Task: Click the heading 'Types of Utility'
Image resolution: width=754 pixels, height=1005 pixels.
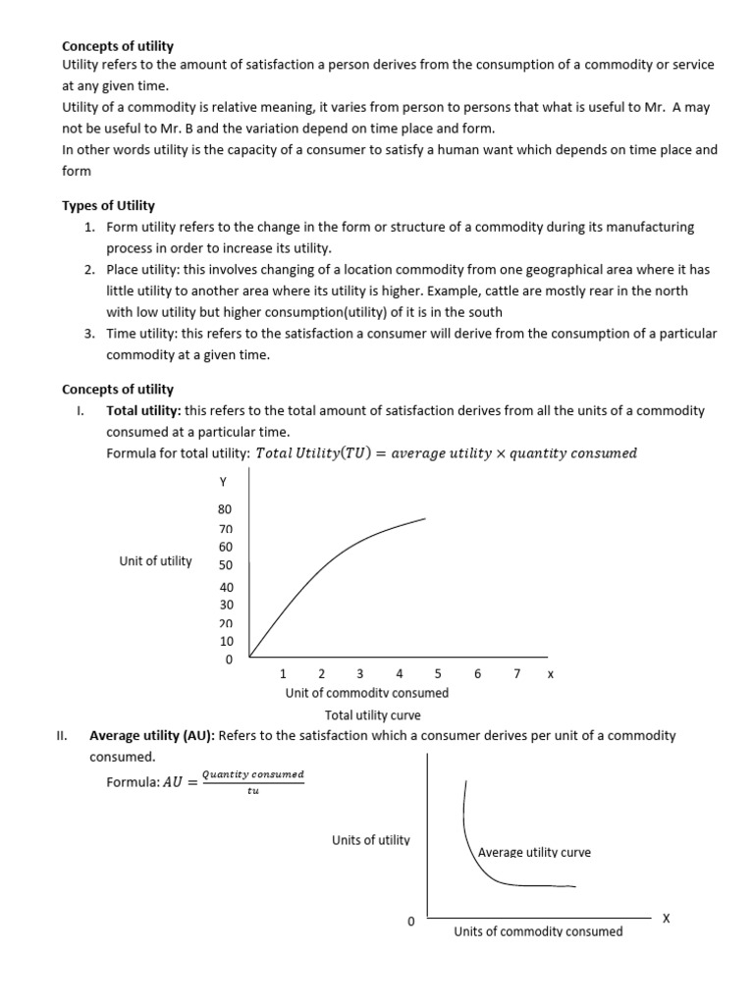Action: point(108,205)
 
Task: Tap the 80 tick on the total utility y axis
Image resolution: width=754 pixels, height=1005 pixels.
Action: point(225,509)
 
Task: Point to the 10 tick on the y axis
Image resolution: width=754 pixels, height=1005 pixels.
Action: point(226,641)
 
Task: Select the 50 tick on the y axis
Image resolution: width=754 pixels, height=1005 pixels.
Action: point(226,565)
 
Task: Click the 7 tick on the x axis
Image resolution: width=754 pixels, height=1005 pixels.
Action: point(516,674)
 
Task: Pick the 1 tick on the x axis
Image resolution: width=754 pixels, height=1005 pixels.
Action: point(283,674)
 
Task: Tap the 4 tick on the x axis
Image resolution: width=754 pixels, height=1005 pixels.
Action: point(399,674)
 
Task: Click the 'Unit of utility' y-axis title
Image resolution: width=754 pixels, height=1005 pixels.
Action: point(155,561)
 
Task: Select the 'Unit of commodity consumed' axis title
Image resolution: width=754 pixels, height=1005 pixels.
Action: point(366,693)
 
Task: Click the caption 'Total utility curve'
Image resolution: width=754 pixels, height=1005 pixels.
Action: point(372,715)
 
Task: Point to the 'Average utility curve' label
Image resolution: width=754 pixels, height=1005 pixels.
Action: point(534,852)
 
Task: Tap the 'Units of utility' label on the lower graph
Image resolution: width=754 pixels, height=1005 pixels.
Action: point(371,840)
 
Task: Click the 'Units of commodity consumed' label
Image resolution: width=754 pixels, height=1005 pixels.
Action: point(537,930)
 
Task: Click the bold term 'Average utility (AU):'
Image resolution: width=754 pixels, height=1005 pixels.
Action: point(150,735)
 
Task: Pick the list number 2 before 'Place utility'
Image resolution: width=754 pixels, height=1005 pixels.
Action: point(89,270)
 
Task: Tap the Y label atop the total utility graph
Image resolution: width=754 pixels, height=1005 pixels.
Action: point(223,482)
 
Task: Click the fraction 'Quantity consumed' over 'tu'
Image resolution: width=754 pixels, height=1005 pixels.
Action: point(252,782)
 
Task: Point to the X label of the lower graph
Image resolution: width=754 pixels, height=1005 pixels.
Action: point(666,919)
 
